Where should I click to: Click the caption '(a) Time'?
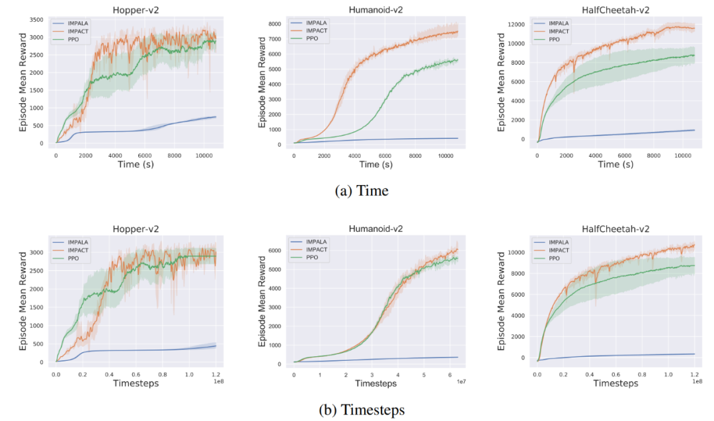click(361, 190)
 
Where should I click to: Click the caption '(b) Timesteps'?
click(361, 410)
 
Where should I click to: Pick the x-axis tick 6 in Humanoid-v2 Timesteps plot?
click(449, 375)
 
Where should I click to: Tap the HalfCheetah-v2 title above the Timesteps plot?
click(615, 229)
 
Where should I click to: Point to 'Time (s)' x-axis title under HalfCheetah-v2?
click(615, 164)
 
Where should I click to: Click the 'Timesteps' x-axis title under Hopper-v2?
click(137, 383)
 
